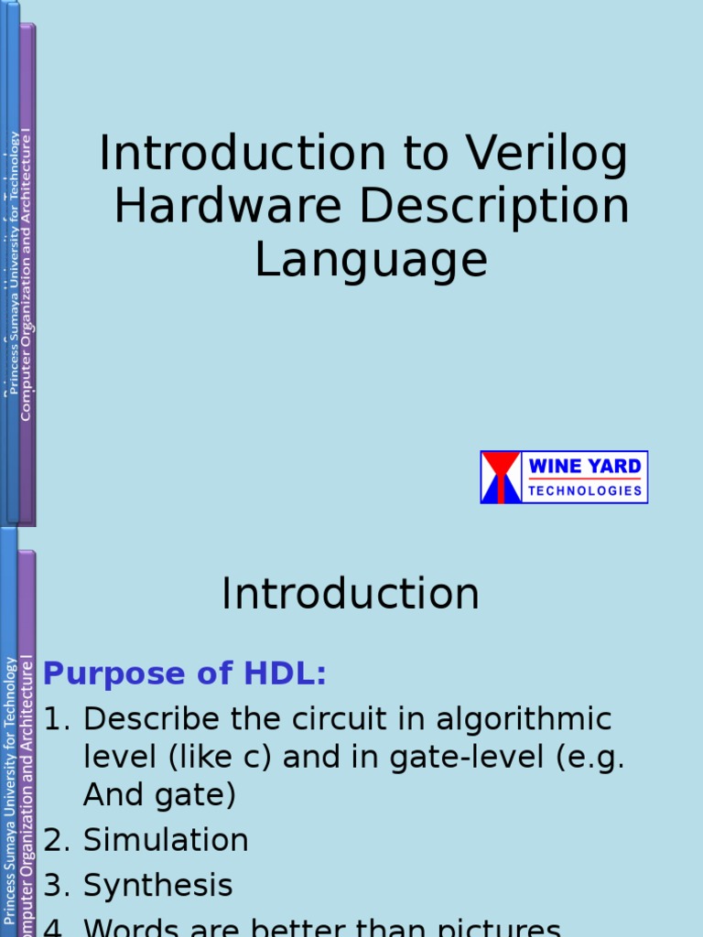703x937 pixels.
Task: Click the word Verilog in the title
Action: click(547, 155)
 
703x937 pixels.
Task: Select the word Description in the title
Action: click(493, 207)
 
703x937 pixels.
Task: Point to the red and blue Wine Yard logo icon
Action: click(501, 477)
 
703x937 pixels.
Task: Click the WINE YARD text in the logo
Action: click(585, 466)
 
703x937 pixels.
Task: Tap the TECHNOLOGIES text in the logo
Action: click(585, 490)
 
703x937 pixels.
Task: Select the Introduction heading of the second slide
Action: click(351, 595)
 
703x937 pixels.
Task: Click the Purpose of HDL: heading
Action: click(185, 674)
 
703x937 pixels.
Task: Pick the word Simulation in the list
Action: click(166, 840)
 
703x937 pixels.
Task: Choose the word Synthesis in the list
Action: click(157, 886)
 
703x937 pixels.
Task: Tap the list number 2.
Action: click(54, 840)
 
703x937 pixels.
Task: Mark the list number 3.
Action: click(54, 886)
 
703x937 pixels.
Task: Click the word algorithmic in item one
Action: click(524, 720)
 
